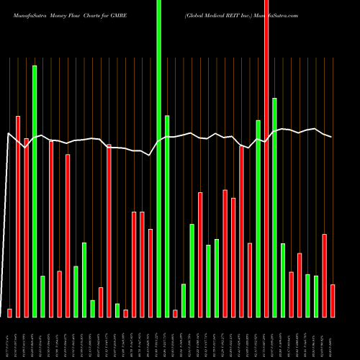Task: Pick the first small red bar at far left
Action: tap(9, 312)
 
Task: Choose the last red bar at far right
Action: tap(333, 300)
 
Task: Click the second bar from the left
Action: tap(18, 216)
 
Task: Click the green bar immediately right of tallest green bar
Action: tap(167, 216)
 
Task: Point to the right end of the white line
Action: tap(332, 137)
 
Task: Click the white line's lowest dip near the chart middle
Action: tap(150, 155)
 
